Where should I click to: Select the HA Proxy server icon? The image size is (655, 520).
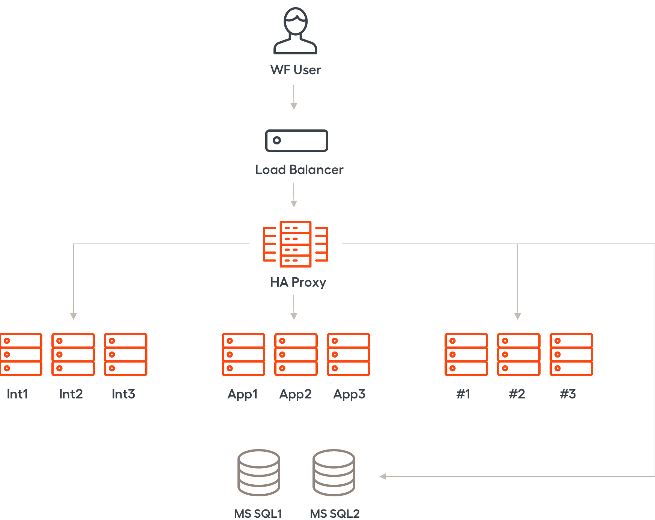(296, 244)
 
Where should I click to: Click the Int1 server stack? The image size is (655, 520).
(21, 355)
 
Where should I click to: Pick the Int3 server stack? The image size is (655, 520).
(126, 355)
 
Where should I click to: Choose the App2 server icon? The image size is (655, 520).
(296, 355)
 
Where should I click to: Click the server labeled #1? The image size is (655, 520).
(466, 355)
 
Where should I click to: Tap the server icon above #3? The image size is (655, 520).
(571, 355)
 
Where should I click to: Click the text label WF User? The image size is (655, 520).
(296, 70)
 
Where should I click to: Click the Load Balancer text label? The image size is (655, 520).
(299, 170)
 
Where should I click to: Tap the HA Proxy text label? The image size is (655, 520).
(298, 282)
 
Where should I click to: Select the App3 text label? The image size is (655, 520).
(349, 394)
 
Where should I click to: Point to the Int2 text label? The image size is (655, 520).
(71, 394)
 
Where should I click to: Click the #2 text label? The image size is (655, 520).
(517, 394)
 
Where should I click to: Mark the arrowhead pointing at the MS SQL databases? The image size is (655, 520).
(383, 476)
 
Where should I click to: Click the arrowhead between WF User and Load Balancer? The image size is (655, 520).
(294, 107)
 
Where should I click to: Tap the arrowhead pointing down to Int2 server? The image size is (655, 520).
(74, 317)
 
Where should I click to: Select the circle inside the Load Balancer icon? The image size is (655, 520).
(277, 140)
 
